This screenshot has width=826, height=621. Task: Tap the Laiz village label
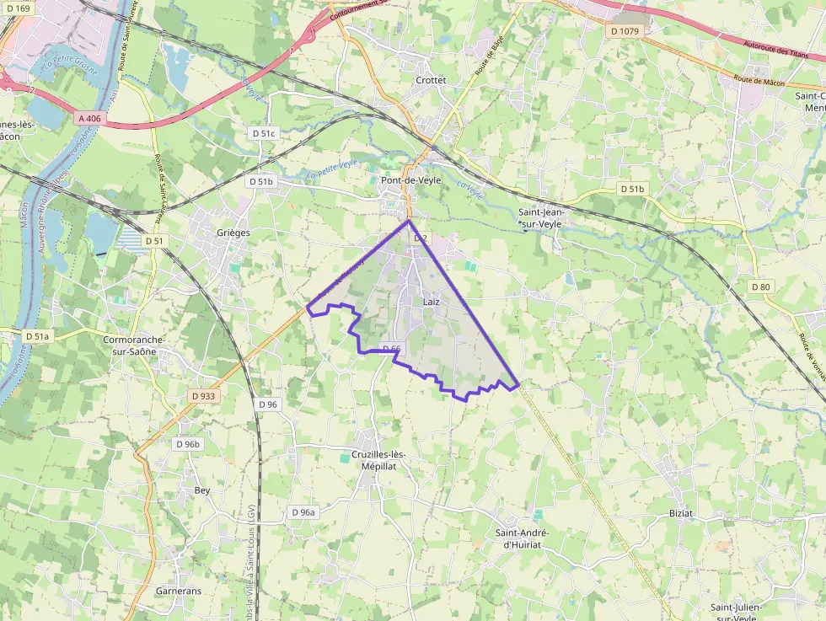pos(431,302)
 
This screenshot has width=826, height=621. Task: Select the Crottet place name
pos(431,80)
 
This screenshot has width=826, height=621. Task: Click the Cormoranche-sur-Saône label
pos(133,345)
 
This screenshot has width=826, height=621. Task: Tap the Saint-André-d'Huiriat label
pos(522,538)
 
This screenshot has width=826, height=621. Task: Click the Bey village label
pos(202,490)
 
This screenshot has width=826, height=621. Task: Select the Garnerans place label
pos(179,591)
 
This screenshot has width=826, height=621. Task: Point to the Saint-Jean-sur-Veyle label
pos(542,218)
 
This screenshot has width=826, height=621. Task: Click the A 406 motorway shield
pos(89,119)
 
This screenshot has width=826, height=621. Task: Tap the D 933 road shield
pos(204,395)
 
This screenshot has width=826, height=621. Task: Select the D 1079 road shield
pos(624,31)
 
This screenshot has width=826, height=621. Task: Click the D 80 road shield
pos(761,287)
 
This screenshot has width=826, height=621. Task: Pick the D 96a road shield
pos(303,512)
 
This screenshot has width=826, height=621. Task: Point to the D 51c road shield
pos(264,133)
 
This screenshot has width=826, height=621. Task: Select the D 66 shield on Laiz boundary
pos(391,348)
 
